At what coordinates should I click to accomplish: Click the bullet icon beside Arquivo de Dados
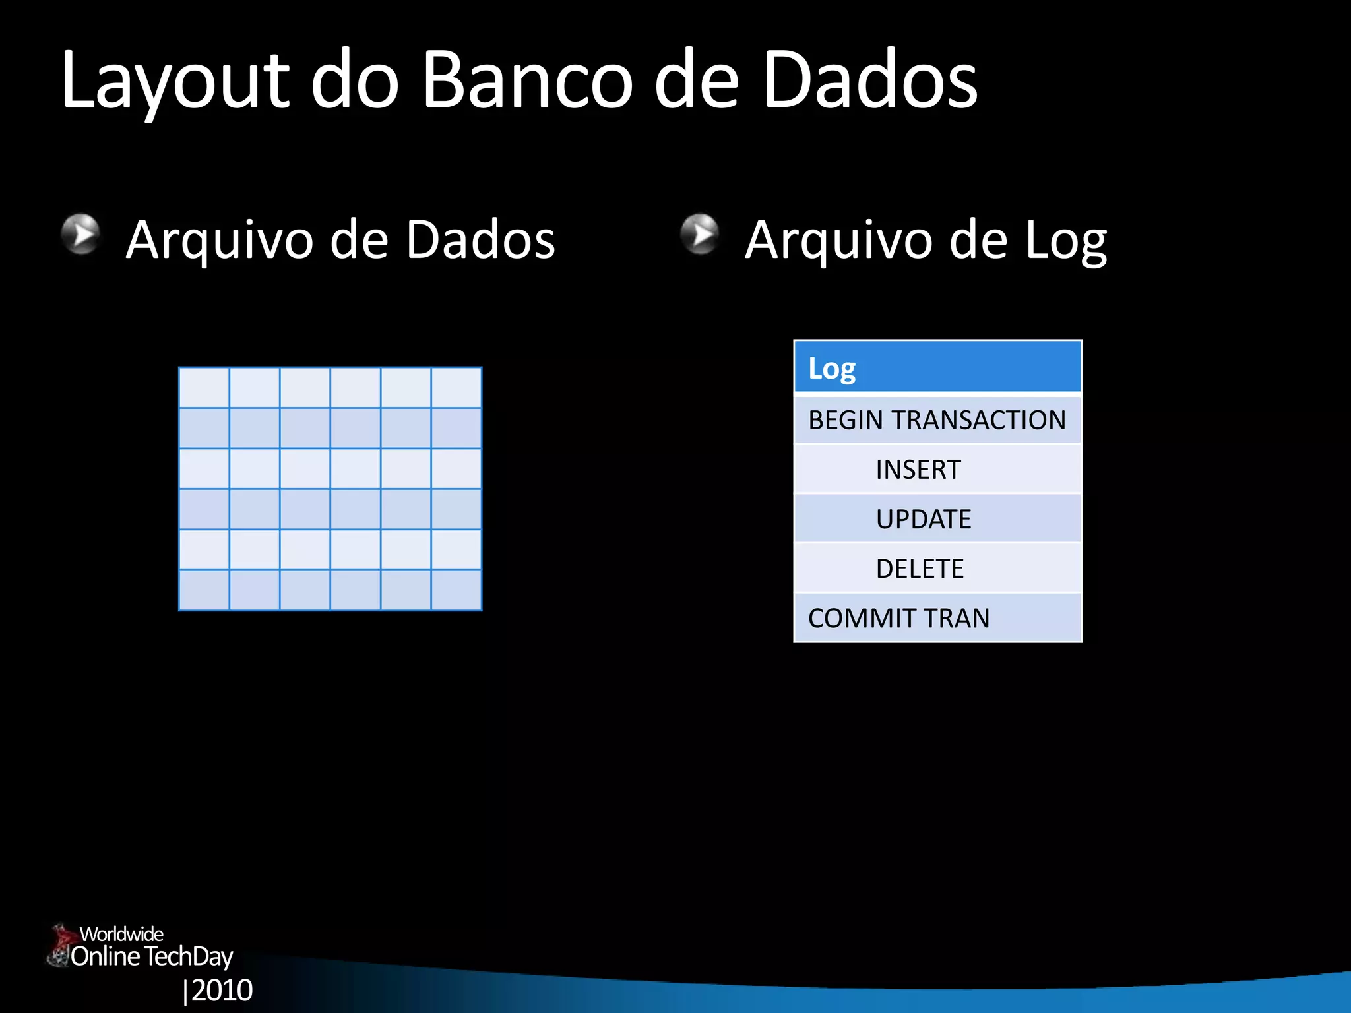point(80,233)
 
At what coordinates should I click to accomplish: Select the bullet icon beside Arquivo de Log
point(699,233)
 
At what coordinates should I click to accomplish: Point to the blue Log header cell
point(937,367)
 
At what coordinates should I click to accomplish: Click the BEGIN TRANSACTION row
point(937,420)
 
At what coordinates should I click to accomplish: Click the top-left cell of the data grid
point(204,388)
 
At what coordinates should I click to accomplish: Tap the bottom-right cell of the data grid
point(456,590)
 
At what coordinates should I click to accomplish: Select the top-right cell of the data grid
point(456,388)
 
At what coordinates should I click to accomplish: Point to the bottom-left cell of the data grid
point(204,590)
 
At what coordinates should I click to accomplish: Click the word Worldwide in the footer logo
point(121,934)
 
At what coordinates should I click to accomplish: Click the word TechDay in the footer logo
point(189,956)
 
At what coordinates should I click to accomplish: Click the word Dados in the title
point(869,80)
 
